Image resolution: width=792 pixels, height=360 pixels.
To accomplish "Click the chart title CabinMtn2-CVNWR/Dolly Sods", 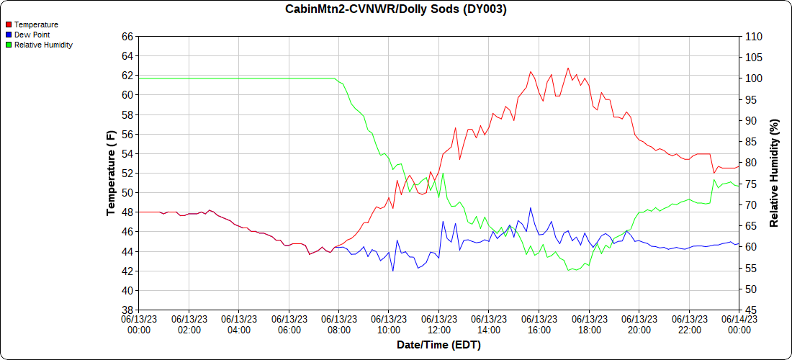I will point(395,9).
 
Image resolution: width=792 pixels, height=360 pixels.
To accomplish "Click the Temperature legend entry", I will point(36,24).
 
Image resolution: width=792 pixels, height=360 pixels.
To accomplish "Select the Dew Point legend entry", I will point(33,35).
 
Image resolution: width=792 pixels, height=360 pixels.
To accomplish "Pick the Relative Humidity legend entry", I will point(43,45).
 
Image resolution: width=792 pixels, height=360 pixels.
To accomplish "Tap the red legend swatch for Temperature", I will point(9,24).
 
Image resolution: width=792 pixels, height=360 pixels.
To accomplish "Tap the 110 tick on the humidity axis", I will point(752,36).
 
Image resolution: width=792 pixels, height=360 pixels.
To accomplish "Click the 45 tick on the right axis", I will point(750,310).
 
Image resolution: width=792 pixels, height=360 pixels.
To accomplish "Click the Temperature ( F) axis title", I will point(111,173).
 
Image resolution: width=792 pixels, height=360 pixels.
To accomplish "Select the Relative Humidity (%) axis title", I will point(775,173).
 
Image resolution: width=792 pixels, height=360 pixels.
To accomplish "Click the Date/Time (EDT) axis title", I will point(438,345).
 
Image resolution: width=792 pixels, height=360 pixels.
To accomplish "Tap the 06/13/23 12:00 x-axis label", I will point(438,324).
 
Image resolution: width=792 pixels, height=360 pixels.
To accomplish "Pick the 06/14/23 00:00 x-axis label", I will point(738,324).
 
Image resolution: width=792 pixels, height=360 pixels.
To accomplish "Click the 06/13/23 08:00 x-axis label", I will point(338,324).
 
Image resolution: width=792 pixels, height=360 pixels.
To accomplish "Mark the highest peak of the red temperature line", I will point(567,68).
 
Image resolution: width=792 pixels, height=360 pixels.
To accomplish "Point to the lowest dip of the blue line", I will point(393,271).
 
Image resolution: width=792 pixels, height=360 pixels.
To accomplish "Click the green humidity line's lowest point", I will point(569,270).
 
